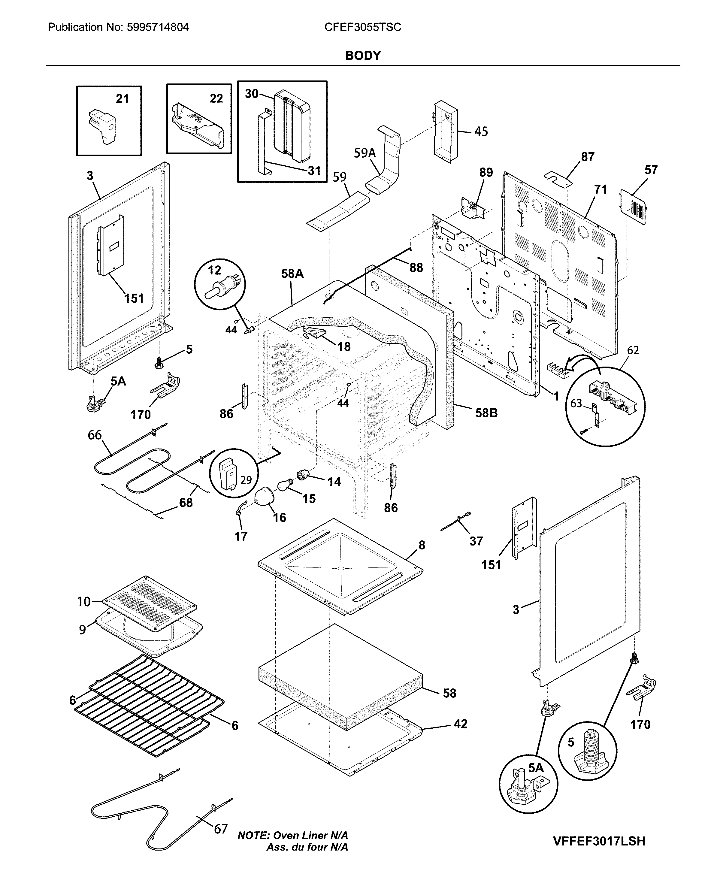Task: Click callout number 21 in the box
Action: point(122,99)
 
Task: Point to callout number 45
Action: point(481,132)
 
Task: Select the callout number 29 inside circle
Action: point(246,480)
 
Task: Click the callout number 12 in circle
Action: point(214,271)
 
